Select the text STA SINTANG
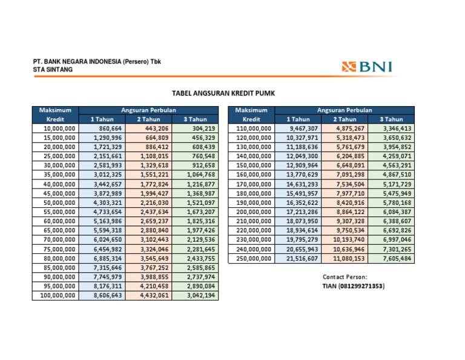(53, 70)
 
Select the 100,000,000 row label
(55, 295)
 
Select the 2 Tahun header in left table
(148, 119)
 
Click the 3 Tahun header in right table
(391, 119)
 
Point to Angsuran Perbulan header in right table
(345, 110)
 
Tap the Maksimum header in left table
(55, 110)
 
